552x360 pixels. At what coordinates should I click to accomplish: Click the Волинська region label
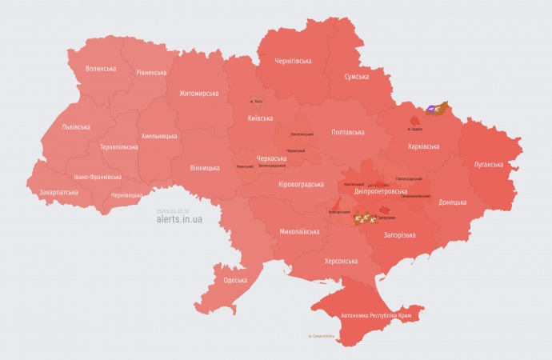pyautogui.click(x=101, y=69)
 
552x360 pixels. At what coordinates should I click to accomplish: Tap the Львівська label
pyautogui.click(x=75, y=127)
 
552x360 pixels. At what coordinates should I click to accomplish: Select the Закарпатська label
pyautogui.click(x=53, y=193)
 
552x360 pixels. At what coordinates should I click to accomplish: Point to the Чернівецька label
pyautogui.click(x=126, y=195)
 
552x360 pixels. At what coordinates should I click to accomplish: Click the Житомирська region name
pyautogui.click(x=193, y=94)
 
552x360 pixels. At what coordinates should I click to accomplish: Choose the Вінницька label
pyautogui.click(x=205, y=168)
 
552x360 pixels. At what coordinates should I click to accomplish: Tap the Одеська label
pyautogui.click(x=235, y=280)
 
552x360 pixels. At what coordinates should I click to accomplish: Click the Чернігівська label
pyautogui.click(x=293, y=61)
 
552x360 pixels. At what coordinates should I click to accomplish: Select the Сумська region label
pyautogui.click(x=356, y=77)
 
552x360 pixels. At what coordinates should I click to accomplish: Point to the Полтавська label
pyautogui.click(x=347, y=132)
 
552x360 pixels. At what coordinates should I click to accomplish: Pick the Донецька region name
pyautogui.click(x=452, y=202)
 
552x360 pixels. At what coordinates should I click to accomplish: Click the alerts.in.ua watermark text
pyautogui.click(x=180, y=218)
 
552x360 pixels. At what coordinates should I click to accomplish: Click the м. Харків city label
pyautogui.click(x=414, y=129)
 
